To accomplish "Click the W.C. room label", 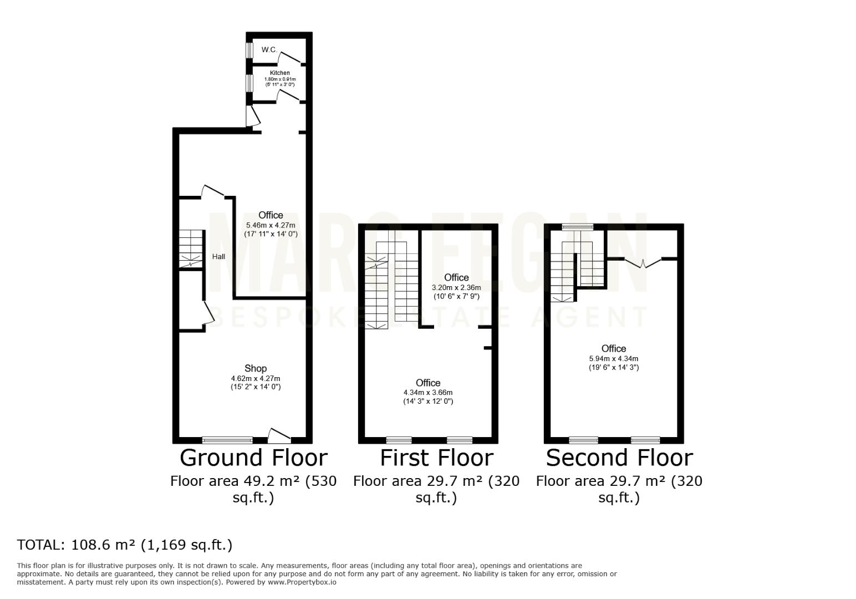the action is (x=269, y=50).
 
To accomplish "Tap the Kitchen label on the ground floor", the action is (x=280, y=73).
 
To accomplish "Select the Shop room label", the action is (x=256, y=368).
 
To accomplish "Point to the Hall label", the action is (x=218, y=256).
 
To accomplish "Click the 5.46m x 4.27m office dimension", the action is (x=271, y=226).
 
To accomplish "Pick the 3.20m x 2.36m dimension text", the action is (x=456, y=287).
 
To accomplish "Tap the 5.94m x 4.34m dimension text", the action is (x=614, y=358).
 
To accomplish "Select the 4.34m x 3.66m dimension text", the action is (x=428, y=393).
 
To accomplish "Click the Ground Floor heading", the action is (x=254, y=458).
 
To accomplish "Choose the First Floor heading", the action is (x=437, y=458).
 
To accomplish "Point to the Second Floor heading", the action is (x=619, y=458).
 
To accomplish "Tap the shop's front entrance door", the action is (x=279, y=436).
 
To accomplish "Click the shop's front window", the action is (x=227, y=440).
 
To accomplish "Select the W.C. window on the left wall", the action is (x=249, y=50).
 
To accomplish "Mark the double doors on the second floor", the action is (x=643, y=263).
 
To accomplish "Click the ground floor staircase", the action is (x=191, y=249).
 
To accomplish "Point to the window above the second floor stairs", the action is (x=578, y=227).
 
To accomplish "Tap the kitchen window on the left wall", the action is (x=249, y=83).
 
